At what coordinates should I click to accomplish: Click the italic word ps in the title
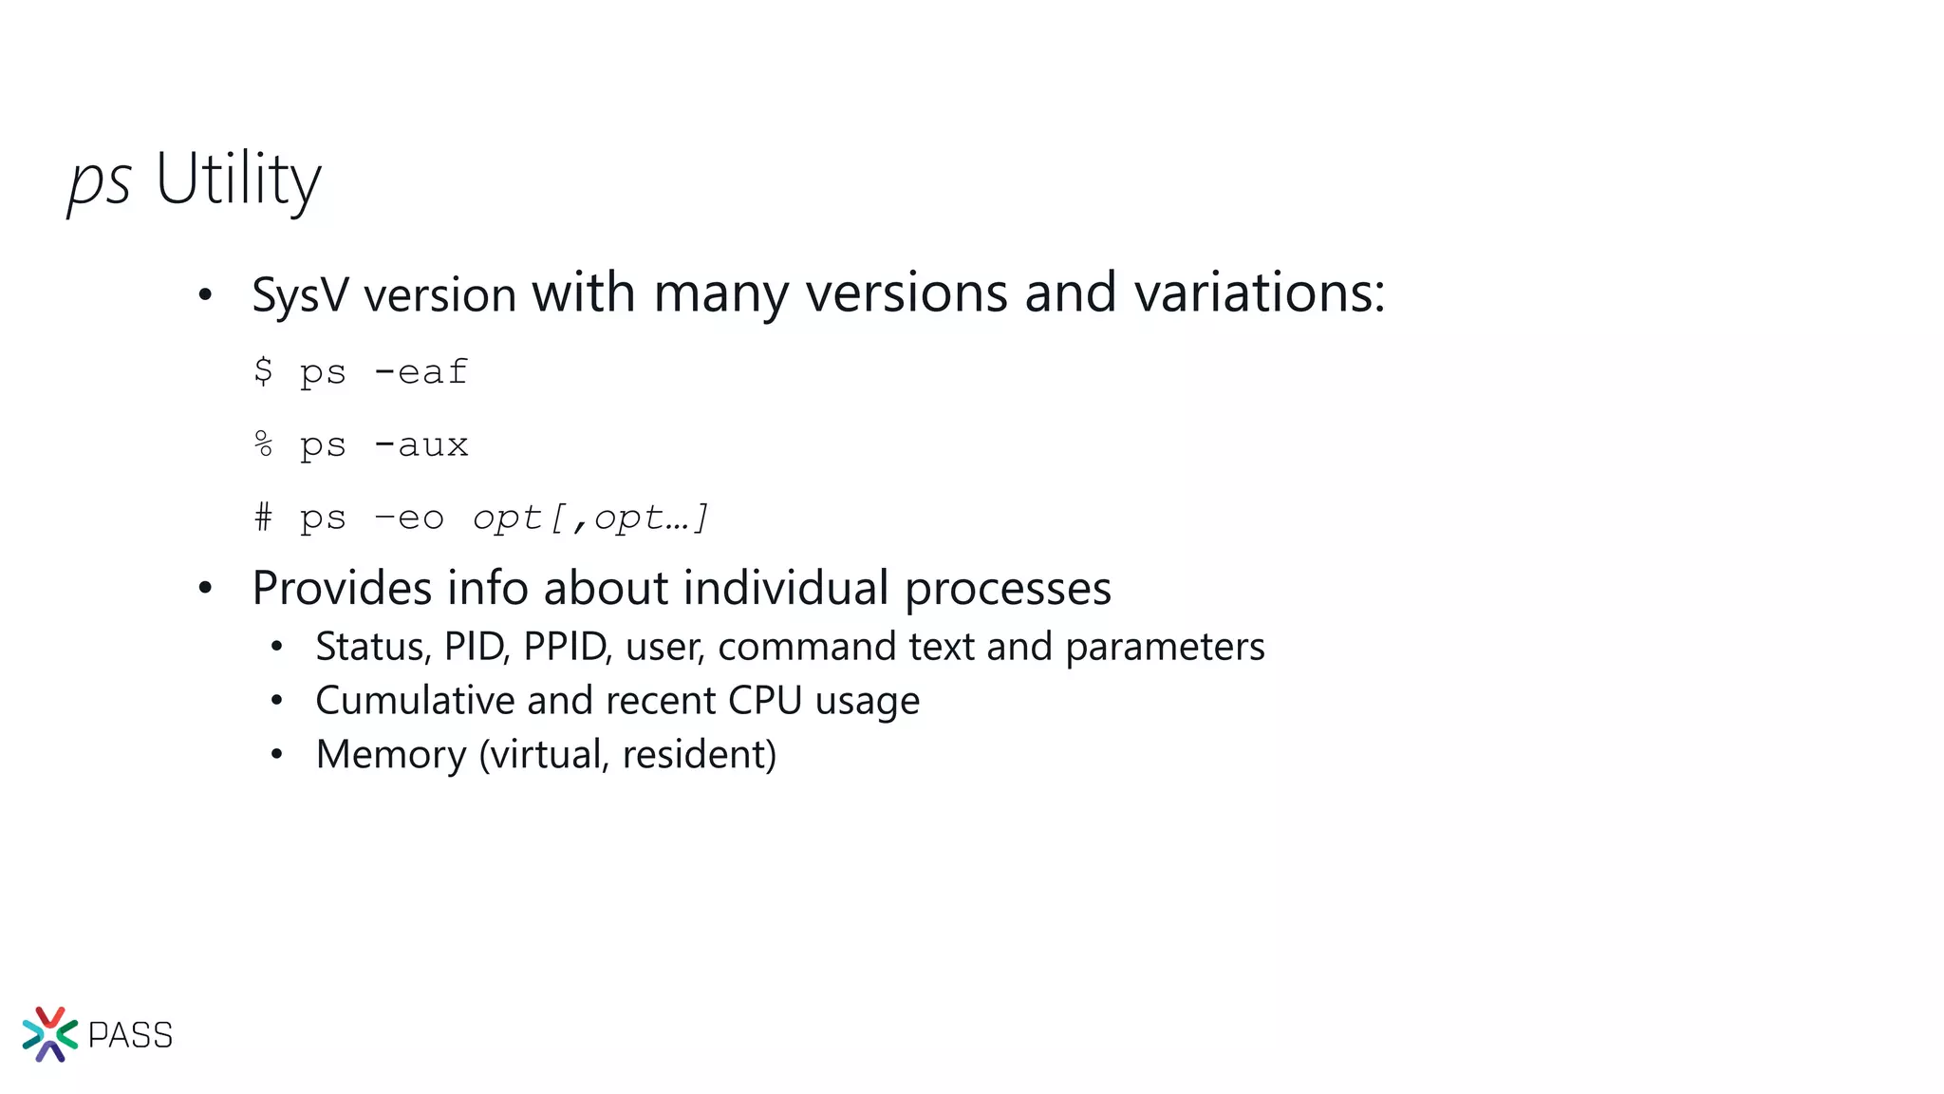coord(99,180)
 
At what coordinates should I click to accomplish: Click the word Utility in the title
coord(238,179)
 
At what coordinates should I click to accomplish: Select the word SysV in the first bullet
coord(300,295)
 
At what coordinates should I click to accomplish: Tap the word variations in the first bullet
coord(1259,292)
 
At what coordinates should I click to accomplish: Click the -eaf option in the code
coord(421,371)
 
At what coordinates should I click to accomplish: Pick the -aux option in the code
coord(421,444)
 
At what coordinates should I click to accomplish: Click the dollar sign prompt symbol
coord(263,370)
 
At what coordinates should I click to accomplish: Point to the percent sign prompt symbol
coord(263,443)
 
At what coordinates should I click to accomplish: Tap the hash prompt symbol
coord(263,518)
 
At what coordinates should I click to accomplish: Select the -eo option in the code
coord(409,518)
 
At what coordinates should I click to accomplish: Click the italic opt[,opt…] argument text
coord(590,518)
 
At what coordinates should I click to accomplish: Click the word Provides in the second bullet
coord(343,588)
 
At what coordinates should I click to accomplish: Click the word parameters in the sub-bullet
coord(1165,648)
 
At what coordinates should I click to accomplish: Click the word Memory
coord(391,755)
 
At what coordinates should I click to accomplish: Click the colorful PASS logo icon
coord(49,1034)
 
